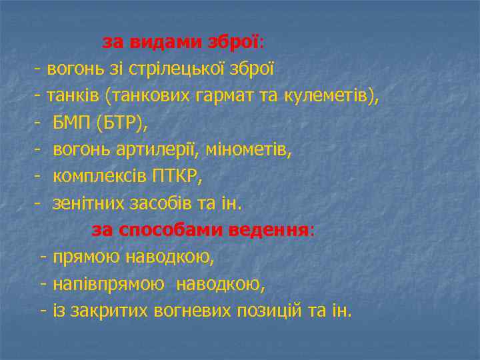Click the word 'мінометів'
255,150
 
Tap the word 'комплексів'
101,177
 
